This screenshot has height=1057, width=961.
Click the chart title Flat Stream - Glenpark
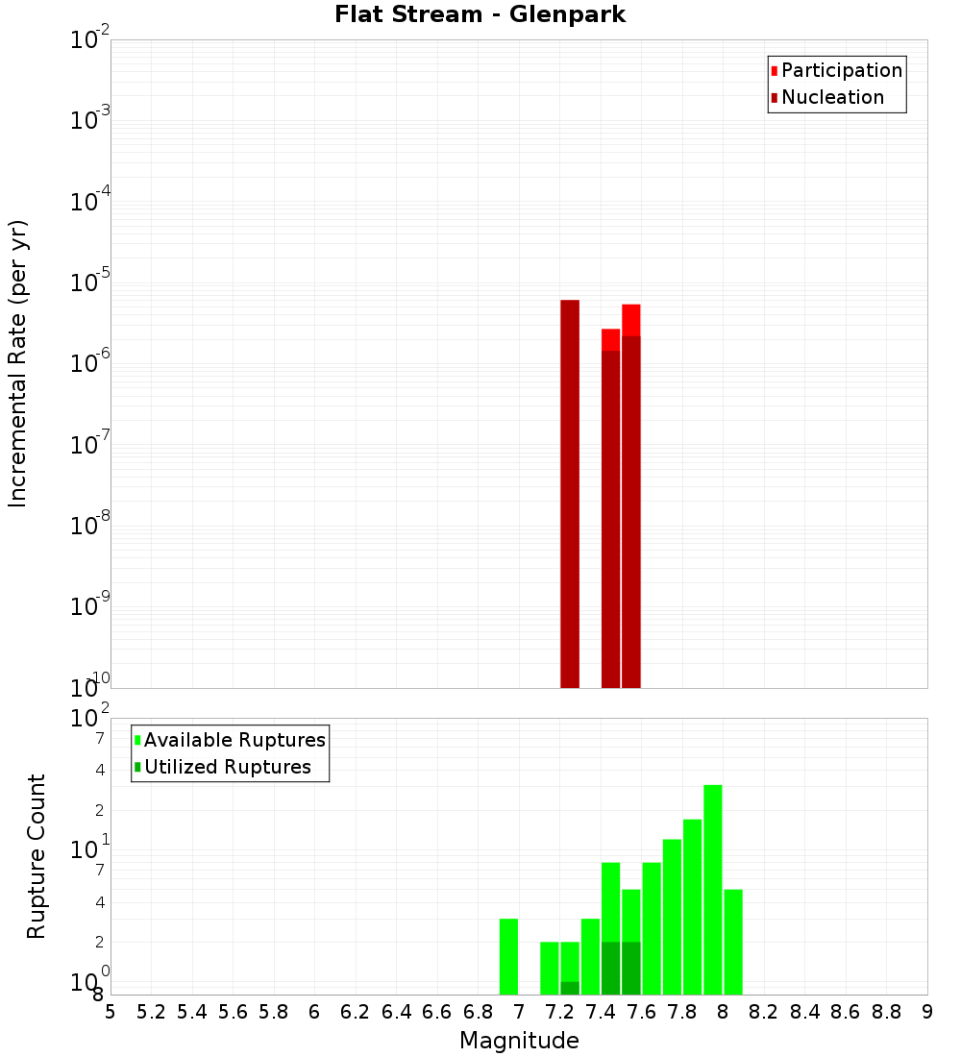(x=480, y=14)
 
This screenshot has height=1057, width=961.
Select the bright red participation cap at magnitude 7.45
(x=610, y=339)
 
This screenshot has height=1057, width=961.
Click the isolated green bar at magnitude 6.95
(x=508, y=956)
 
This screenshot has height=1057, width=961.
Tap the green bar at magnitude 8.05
(x=733, y=942)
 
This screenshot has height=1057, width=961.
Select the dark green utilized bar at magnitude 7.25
(x=570, y=988)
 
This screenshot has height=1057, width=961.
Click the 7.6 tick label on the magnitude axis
(x=641, y=1012)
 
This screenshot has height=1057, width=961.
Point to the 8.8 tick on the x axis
(x=886, y=1012)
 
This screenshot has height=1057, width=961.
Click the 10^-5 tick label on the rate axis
(x=90, y=283)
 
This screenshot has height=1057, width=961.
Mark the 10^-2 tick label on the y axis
(x=90, y=41)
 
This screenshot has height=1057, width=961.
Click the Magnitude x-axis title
(x=519, y=1041)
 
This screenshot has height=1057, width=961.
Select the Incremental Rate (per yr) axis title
(x=18, y=363)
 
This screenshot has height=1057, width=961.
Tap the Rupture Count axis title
(x=37, y=856)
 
